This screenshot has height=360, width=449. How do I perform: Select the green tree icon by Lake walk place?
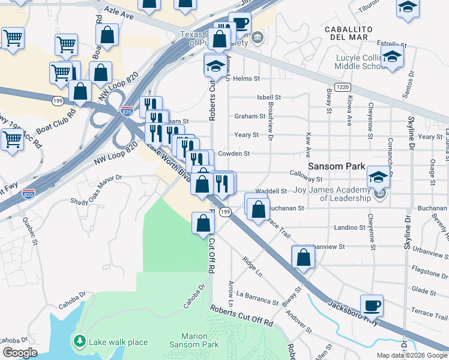79,341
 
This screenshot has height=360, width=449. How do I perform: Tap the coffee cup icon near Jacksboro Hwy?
372,305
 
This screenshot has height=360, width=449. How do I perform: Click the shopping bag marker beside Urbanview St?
303,257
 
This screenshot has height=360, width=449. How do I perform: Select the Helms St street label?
246,79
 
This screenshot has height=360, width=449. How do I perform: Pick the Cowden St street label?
234,154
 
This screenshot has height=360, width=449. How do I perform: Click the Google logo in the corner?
19,353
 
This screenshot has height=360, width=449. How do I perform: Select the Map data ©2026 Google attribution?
412,355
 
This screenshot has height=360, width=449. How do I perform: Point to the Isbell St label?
268,97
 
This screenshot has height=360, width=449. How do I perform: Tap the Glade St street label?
424,289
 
